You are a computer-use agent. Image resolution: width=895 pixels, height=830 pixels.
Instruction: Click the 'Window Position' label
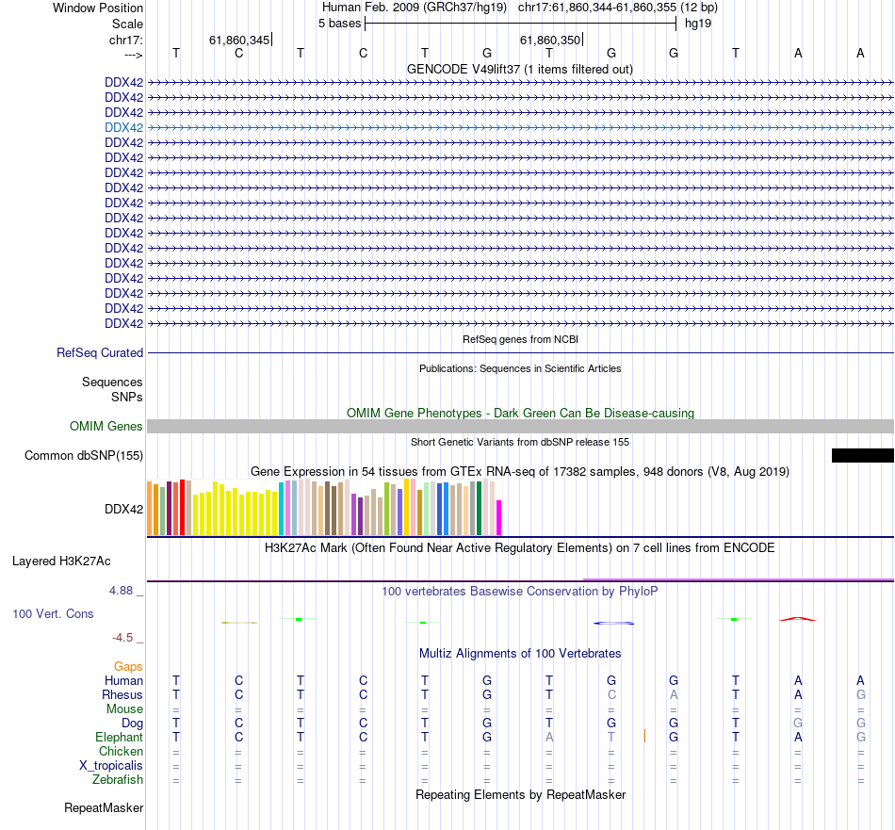click(98, 8)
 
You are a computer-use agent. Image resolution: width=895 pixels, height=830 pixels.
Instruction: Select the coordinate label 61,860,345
click(239, 40)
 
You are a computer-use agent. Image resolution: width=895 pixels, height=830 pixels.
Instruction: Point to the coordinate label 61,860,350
click(551, 40)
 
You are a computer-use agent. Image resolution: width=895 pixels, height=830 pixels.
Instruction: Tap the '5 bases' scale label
click(339, 23)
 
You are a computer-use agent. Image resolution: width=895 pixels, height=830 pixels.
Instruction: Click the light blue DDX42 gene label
click(124, 127)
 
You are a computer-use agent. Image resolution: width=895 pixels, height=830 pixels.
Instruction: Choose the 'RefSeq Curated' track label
click(100, 352)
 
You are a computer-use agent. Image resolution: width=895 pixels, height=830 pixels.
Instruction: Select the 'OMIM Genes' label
click(106, 427)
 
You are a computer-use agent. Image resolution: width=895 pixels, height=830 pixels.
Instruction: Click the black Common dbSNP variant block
click(862, 456)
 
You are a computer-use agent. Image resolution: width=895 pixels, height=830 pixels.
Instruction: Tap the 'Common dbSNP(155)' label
click(84, 456)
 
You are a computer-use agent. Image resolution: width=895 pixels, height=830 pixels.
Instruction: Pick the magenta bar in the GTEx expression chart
click(499, 517)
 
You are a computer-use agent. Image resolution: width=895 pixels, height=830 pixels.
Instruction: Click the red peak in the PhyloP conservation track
click(797, 619)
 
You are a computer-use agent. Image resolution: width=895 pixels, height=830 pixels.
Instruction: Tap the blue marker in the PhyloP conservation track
click(613, 623)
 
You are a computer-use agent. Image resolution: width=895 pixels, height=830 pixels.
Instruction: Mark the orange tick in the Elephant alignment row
click(644, 735)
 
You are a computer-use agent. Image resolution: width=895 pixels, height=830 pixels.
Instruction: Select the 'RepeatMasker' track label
click(104, 808)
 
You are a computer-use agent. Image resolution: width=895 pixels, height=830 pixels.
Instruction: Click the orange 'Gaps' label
click(128, 667)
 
